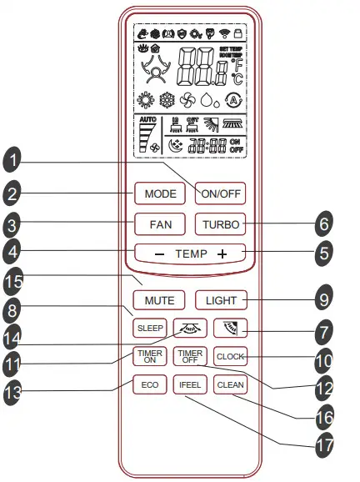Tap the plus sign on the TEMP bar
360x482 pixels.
coord(222,253)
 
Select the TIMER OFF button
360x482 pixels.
coord(189,356)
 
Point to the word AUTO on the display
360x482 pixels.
coord(147,121)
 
